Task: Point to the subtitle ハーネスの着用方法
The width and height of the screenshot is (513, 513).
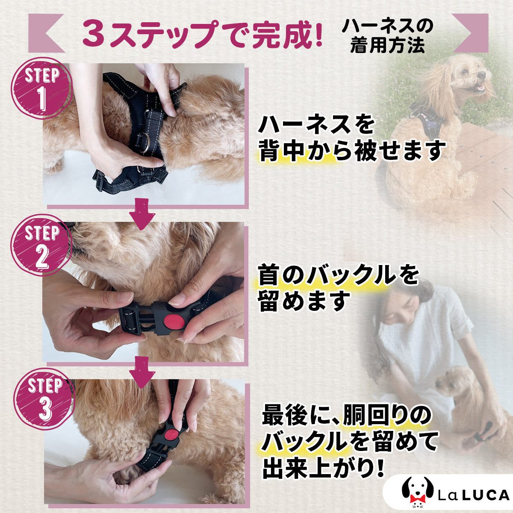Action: pyautogui.click(x=387, y=36)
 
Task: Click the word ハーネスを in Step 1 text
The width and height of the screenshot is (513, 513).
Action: pyautogui.click(x=316, y=124)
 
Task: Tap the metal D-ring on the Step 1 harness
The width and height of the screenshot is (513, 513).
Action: pyautogui.click(x=144, y=143)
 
